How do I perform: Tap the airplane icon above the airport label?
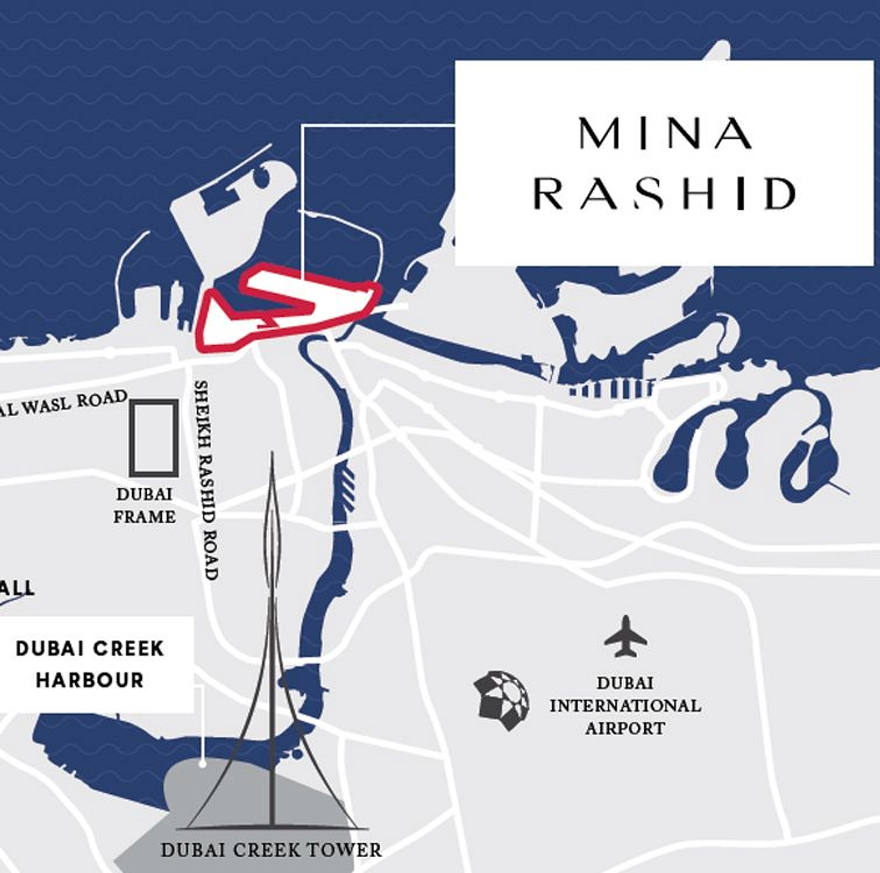coord(625,637)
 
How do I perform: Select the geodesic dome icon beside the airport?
coord(501,700)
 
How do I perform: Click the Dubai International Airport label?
coord(625,705)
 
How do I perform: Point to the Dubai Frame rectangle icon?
coord(154,437)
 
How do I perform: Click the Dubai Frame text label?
coord(145,505)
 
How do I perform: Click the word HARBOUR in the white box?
coord(90,680)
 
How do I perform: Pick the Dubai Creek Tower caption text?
coord(271,850)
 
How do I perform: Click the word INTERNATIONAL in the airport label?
coord(625,705)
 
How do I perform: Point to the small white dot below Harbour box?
coord(203,764)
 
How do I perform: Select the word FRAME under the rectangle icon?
coord(145,516)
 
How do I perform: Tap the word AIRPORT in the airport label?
coord(625,728)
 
